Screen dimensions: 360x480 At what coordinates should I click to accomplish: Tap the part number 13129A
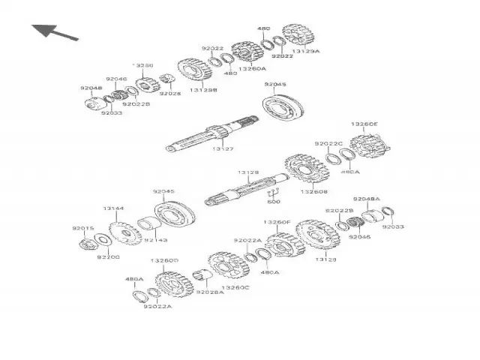305,52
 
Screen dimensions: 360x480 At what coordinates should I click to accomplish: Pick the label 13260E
365,124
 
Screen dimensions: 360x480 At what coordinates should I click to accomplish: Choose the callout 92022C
328,143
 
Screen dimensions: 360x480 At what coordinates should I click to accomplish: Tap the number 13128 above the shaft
249,172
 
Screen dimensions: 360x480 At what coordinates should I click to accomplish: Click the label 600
274,202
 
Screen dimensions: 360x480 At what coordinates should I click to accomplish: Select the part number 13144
113,208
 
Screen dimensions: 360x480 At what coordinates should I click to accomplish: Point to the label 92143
155,240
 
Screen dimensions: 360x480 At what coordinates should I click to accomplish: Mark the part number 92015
82,228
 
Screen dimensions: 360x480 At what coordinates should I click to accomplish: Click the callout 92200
108,257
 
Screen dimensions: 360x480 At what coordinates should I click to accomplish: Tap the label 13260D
164,260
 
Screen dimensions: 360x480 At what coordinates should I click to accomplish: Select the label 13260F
277,222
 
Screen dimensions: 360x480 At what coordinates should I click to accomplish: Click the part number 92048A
367,199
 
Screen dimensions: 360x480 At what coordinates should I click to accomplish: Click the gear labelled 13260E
369,144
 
